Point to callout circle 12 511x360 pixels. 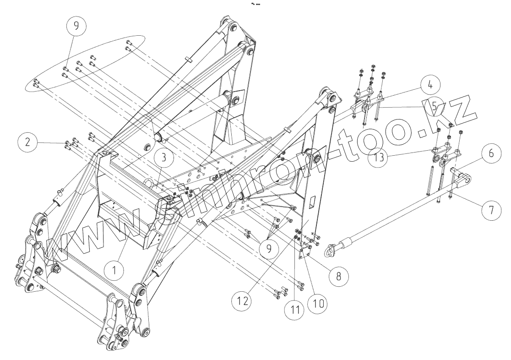click(x=244, y=301)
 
